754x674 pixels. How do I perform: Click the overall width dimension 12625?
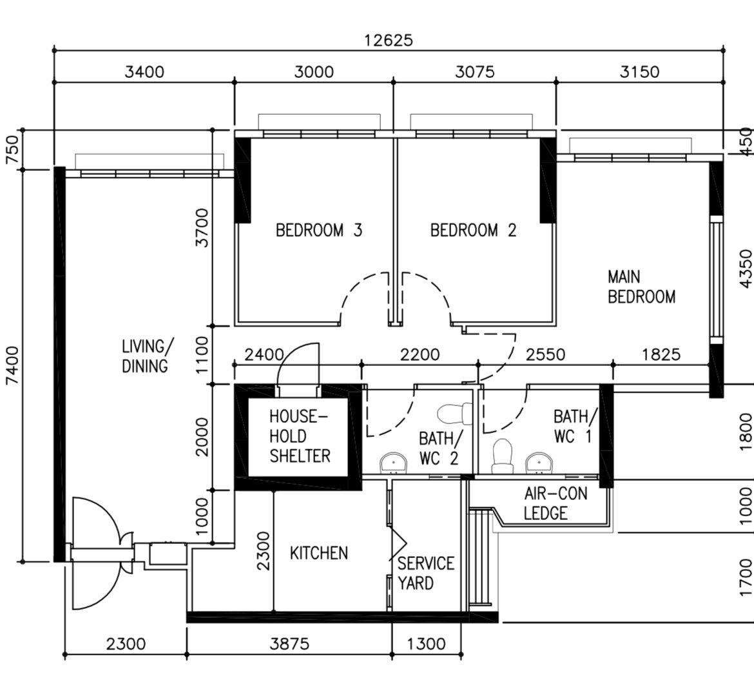[388, 40]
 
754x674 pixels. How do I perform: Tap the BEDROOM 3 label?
[318, 230]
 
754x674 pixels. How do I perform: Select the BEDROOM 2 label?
[473, 230]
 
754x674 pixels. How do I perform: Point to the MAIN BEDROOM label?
[641, 287]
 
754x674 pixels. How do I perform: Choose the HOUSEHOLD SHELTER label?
[300, 436]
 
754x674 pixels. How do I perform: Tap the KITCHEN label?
[318, 553]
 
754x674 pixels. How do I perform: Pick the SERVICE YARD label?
[425, 573]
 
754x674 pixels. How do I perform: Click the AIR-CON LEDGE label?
[555, 503]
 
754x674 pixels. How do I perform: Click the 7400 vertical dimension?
[14, 367]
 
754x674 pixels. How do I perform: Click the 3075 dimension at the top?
[474, 72]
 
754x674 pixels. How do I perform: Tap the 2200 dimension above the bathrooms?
[420, 354]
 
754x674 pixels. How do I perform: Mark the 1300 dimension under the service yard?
[427, 643]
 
